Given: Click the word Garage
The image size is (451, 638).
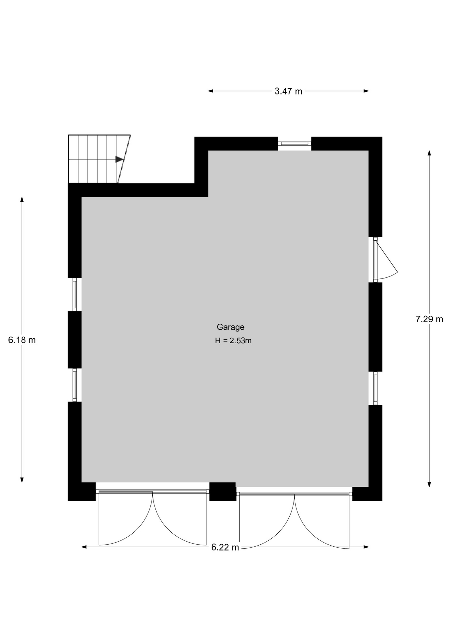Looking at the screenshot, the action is click(x=230, y=327).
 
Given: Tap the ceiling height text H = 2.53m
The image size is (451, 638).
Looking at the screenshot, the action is click(x=233, y=341).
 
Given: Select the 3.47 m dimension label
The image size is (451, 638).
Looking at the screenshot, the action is click(x=288, y=91).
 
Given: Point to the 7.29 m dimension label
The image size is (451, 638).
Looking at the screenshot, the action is click(x=429, y=319).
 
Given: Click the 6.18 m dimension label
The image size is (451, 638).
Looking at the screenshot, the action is click(x=22, y=340).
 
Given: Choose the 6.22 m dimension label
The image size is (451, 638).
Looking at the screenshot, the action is click(x=225, y=547).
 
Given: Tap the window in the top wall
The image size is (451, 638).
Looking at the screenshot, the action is click(x=295, y=144).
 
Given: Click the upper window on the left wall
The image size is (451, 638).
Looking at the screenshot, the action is click(x=75, y=294).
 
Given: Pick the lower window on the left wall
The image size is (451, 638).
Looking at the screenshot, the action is click(x=75, y=385).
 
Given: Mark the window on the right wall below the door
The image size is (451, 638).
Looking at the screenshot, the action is click(x=375, y=388).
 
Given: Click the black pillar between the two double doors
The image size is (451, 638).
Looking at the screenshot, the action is click(x=223, y=491).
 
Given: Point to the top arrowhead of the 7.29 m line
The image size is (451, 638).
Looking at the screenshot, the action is click(x=429, y=153).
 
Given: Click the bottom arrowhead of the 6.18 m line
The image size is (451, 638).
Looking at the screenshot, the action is click(x=22, y=480).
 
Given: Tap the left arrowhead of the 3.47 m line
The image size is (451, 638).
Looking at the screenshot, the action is click(x=211, y=91).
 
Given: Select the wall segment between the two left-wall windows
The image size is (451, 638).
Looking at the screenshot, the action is click(x=75, y=340).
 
